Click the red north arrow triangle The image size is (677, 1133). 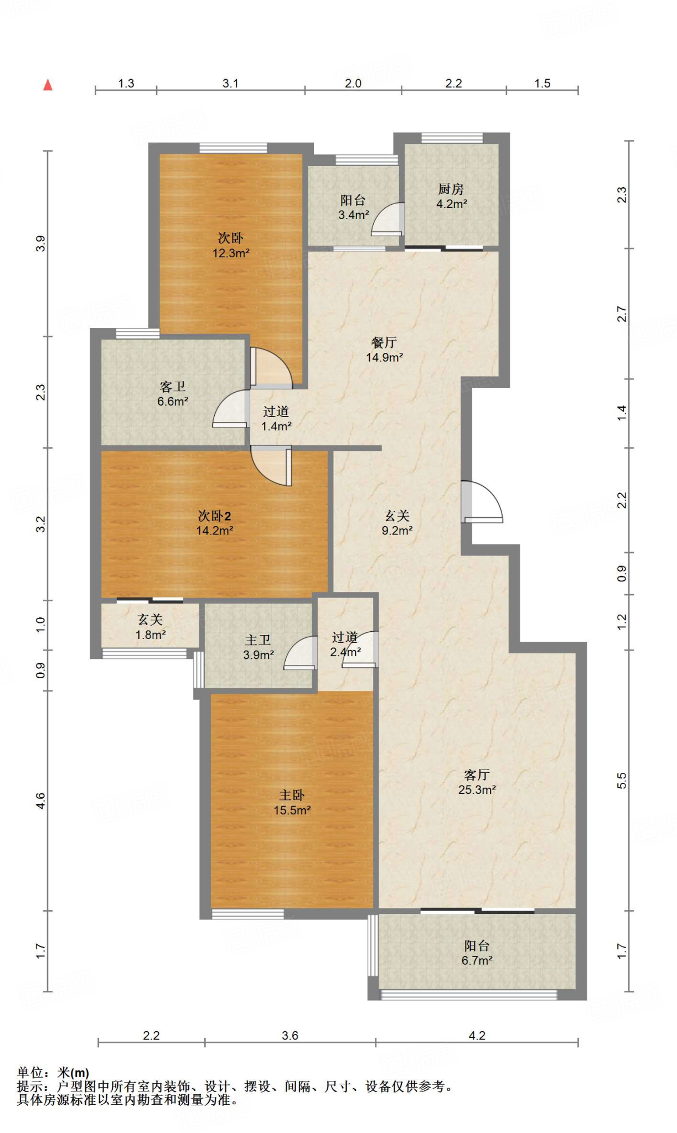(x=48, y=85)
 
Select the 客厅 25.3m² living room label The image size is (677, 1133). (x=477, y=782)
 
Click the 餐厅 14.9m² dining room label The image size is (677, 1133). (x=384, y=350)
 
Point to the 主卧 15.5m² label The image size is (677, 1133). (x=292, y=803)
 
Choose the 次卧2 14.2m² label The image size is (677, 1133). (x=214, y=523)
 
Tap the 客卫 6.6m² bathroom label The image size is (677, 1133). (x=173, y=394)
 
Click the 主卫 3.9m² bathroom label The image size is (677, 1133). (x=259, y=647)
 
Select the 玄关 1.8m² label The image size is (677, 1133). (x=151, y=627)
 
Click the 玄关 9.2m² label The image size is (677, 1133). (x=397, y=523)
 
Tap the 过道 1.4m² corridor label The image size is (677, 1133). (x=276, y=419)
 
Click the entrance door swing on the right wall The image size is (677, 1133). (x=482, y=502)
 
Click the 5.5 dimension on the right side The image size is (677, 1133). (x=622, y=781)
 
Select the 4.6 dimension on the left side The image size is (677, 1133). (x=40, y=801)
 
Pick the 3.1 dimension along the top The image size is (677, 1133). (x=230, y=83)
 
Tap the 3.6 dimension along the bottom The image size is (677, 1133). (x=290, y=1036)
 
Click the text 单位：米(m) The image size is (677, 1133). (x=53, y=1073)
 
